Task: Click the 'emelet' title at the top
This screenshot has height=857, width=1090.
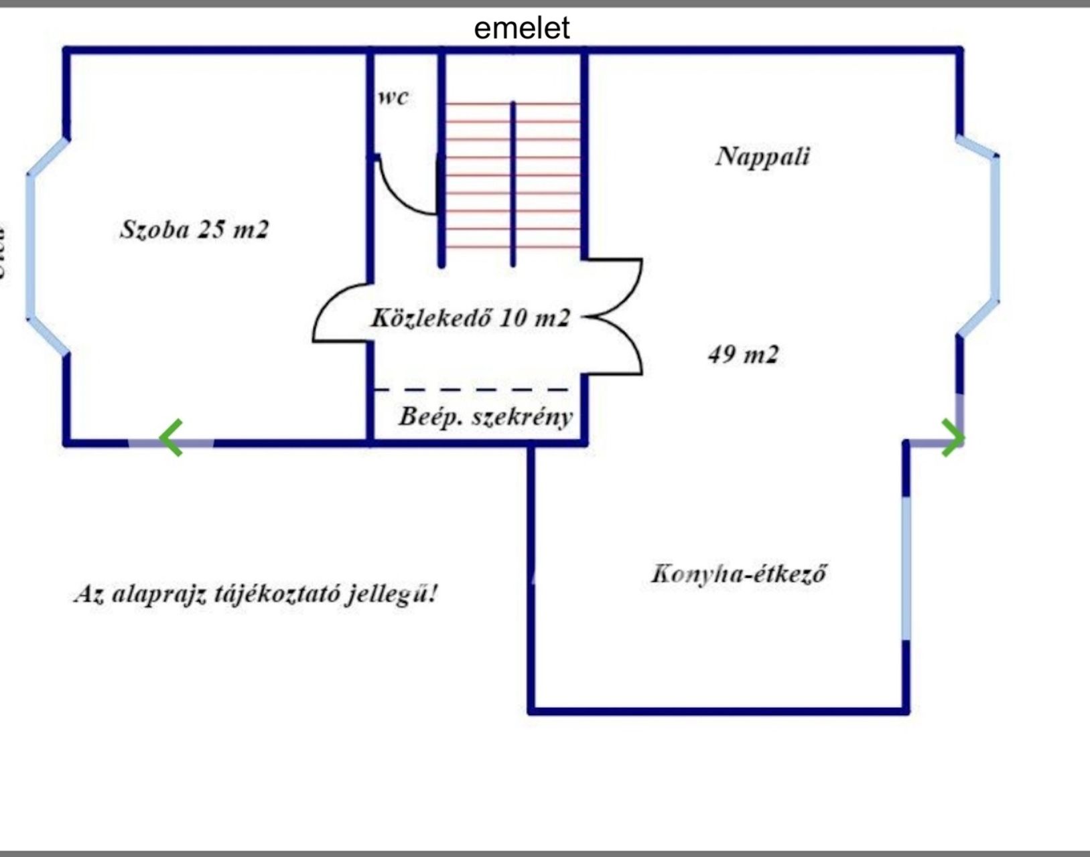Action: (521, 28)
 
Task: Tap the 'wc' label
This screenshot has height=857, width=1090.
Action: (393, 98)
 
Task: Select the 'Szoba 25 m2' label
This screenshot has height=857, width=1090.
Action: (194, 230)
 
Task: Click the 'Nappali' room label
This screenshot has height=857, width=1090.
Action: (762, 157)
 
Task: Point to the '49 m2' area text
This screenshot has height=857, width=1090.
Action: (743, 354)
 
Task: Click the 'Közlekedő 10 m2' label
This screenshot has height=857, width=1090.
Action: (470, 317)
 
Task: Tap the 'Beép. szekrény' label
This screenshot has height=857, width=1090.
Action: (486, 416)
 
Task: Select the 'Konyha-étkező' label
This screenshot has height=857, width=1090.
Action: (738, 574)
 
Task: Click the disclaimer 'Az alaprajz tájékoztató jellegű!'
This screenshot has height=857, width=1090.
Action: (255, 594)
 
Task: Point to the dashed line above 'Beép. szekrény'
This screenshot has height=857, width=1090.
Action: (471, 389)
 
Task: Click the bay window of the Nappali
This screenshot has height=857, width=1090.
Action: (996, 228)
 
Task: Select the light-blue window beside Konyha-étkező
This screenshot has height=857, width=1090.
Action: (906, 569)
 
